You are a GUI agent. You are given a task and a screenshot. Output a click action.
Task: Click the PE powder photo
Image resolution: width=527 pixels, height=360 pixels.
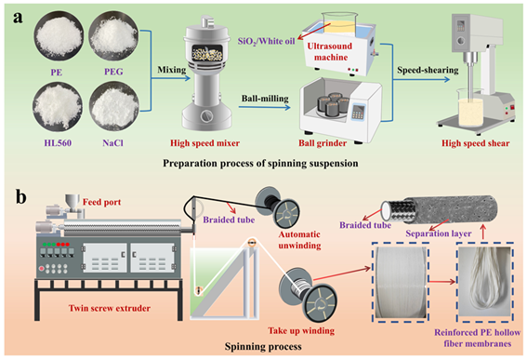point(59,36)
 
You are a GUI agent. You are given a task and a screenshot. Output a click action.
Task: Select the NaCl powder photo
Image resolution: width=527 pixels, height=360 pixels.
point(114,107)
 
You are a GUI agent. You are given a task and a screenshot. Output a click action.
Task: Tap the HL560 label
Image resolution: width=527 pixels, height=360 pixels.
point(58,143)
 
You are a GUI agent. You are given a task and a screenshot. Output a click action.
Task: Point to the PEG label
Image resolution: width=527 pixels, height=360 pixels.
point(113,72)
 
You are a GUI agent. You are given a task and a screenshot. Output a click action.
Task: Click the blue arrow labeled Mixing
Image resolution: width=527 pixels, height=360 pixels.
point(170,79)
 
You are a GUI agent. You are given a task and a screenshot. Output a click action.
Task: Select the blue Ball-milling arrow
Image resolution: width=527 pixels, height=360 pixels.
point(265,107)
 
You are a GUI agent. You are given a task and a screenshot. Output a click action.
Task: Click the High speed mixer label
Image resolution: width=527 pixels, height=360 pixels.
point(204,143)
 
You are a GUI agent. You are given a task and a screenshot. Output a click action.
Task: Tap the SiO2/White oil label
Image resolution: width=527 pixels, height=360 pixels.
point(266,41)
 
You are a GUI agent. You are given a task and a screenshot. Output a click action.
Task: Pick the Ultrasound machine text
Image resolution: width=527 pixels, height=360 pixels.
point(331,51)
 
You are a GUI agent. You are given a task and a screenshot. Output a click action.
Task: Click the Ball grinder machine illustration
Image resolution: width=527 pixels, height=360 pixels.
point(341,108)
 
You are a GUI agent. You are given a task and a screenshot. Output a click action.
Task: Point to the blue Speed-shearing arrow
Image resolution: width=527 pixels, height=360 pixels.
point(422,80)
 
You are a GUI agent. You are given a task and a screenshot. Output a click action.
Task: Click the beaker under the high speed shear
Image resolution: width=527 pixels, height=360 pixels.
point(470,107)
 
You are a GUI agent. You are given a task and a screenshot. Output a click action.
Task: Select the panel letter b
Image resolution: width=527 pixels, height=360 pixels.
point(20,197)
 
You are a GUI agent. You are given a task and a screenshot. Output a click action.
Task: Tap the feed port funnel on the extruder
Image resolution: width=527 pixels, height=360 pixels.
point(72,202)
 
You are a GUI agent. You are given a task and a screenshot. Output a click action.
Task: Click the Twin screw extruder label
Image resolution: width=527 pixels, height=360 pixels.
point(110,308)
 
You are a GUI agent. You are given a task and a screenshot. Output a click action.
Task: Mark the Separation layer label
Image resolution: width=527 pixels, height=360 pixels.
point(439,233)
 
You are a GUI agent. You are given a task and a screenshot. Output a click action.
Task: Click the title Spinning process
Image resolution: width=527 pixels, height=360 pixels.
point(263,346)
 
